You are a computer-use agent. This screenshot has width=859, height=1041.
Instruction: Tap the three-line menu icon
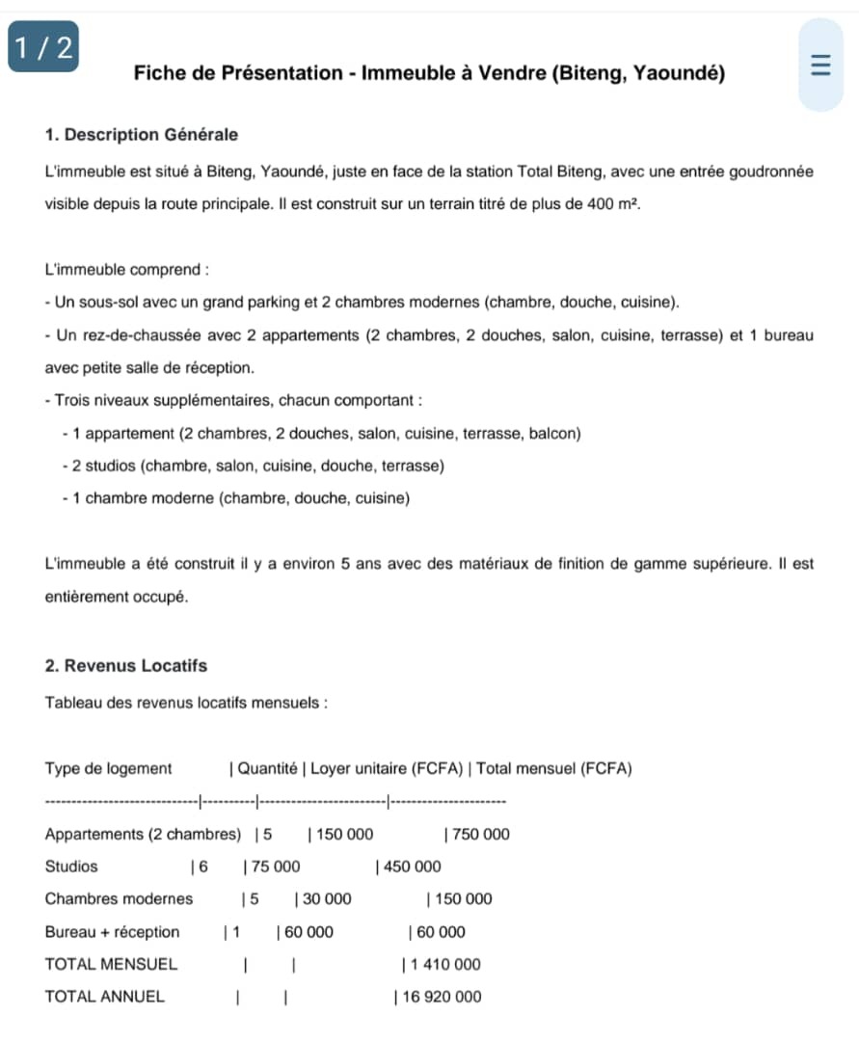820,65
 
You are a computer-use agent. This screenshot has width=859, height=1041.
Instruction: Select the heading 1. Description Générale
142,135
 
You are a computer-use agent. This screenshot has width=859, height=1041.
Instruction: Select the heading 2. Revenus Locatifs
126,666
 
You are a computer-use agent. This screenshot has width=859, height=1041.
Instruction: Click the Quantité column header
267,769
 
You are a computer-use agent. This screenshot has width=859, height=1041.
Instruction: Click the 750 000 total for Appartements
481,835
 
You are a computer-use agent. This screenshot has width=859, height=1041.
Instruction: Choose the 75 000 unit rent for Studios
276,867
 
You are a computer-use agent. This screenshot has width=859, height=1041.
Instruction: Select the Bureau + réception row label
112,932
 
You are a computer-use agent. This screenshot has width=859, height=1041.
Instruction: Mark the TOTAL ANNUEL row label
104,998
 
